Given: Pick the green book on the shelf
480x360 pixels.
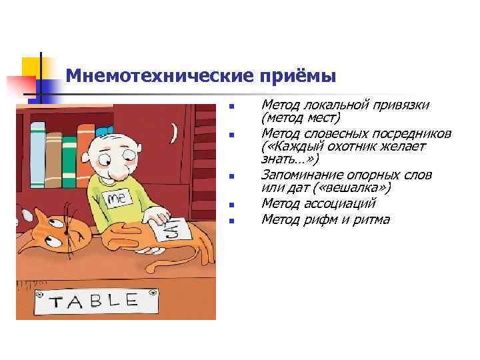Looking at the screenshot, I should [x=70, y=155].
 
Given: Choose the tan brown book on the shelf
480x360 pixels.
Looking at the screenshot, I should [x=53, y=155].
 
